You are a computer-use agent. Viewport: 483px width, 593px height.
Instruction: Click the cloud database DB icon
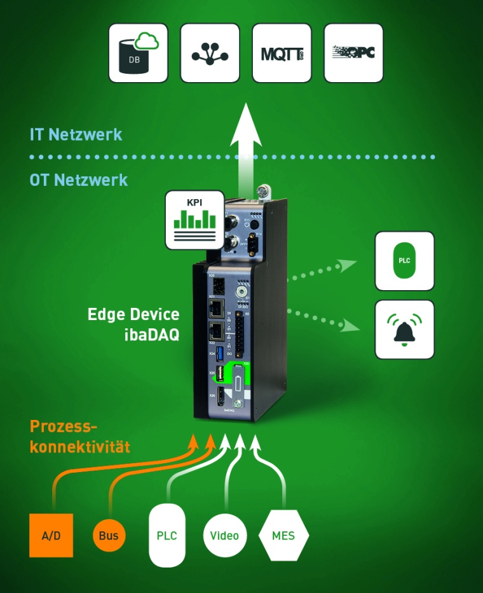pyautogui.click(x=138, y=53)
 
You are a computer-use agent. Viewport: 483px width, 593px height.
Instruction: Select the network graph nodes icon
pyautogui.click(x=210, y=53)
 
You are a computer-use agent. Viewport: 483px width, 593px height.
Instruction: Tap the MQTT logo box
pyautogui.click(x=282, y=53)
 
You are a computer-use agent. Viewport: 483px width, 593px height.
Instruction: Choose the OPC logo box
pyautogui.click(x=353, y=53)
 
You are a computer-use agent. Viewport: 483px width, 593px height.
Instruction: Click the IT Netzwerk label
pyautogui.click(x=76, y=135)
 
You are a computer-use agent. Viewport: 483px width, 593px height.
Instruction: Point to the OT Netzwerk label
pyautogui.click(x=79, y=180)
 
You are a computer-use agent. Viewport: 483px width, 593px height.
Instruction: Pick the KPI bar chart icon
pyautogui.click(x=195, y=220)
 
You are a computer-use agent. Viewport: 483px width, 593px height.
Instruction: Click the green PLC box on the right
pyautogui.click(x=404, y=261)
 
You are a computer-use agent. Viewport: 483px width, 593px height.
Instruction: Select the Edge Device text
pyautogui.click(x=133, y=314)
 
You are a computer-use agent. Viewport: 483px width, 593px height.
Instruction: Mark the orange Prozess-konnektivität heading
pyautogui.click(x=79, y=436)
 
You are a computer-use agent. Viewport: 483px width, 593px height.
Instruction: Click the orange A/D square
pyautogui.click(x=51, y=535)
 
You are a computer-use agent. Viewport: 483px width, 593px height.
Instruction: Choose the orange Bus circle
pyautogui.click(x=109, y=535)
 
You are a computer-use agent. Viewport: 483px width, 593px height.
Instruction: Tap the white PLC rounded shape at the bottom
pyautogui.click(x=167, y=535)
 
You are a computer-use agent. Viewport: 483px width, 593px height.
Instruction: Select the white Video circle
pyautogui.click(x=225, y=535)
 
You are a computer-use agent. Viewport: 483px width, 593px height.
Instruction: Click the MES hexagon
pyautogui.click(x=283, y=535)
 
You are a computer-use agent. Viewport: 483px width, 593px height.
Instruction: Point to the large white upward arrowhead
pyautogui.click(x=246, y=127)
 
